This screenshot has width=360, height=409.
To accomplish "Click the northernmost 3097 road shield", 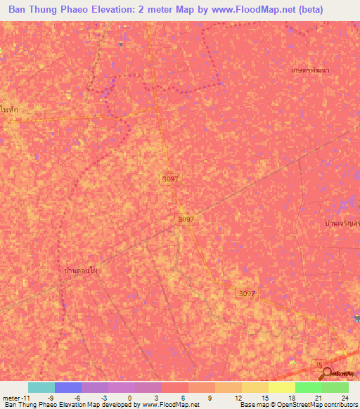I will tap(169, 179).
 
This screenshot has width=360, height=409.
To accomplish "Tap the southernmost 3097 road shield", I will tap(245, 292).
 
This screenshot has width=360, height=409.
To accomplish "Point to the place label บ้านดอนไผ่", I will tap(79, 270).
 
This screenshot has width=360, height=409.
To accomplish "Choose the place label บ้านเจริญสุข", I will tap(341, 223).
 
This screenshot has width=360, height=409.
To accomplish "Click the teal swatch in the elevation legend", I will tap(41, 387).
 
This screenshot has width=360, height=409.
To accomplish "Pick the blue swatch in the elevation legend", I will tap(68, 387).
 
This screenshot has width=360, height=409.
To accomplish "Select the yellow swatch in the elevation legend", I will tap(282, 387).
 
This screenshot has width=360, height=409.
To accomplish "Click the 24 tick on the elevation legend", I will tap(344, 397).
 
